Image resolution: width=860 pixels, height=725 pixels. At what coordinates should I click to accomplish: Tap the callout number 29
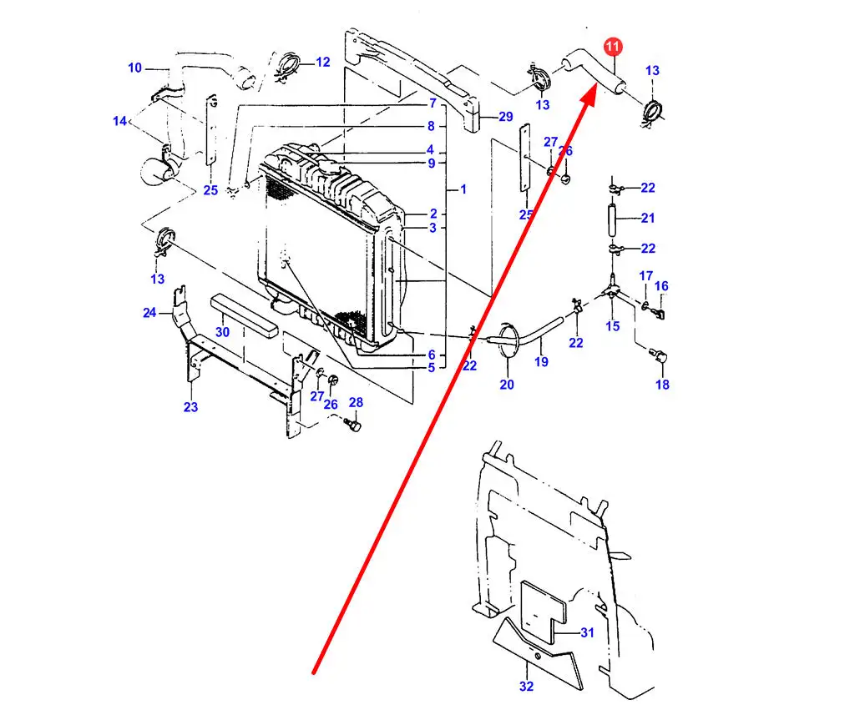(x=506, y=117)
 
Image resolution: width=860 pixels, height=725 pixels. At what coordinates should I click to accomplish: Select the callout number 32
(x=526, y=686)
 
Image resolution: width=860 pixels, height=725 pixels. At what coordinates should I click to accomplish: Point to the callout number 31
(x=587, y=632)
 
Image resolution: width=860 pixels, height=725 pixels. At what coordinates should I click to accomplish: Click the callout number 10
(x=135, y=68)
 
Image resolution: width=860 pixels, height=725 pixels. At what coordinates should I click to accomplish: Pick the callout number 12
(x=322, y=62)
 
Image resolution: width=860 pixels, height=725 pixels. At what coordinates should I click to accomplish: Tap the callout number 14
(x=119, y=121)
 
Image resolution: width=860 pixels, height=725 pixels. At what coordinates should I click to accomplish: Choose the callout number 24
(x=149, y=313)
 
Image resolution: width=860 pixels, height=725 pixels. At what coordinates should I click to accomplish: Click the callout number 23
(x=190, y=406)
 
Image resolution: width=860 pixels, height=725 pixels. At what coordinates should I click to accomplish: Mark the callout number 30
(x=222, y=332)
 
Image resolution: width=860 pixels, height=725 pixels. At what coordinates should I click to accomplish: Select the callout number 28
(x=356, y=403)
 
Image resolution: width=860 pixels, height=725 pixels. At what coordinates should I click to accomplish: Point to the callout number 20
(x=507, y=385)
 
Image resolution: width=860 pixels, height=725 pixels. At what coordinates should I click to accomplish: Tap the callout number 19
(x=541, y=362)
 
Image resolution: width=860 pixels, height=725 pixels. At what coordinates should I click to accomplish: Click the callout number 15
(x=613, y=326)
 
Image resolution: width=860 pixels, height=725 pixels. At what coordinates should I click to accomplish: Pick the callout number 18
(x=662, y=385)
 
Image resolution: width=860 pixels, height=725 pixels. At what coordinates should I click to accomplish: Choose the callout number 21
(x=648, y=219)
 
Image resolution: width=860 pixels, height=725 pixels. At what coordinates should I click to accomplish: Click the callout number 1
(x=463, y=189)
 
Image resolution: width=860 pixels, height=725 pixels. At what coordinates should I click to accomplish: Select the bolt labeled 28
(x=352, y=426)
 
